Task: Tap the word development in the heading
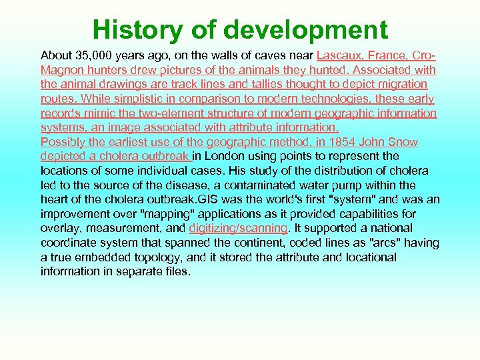point(306,30)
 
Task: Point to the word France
point(394,55)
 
